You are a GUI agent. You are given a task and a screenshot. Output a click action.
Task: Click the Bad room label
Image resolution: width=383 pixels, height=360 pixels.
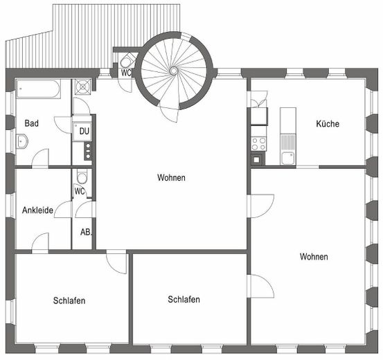31,123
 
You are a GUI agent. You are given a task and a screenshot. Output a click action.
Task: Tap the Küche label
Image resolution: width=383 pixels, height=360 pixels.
328,124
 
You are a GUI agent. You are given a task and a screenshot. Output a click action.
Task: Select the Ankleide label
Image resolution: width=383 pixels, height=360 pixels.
37,210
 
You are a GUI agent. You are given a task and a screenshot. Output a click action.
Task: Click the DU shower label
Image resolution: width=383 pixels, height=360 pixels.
84,131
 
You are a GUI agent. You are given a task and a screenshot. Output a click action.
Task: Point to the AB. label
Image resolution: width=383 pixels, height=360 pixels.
86,232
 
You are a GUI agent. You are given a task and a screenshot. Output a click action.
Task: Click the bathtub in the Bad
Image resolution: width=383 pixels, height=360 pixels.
38,89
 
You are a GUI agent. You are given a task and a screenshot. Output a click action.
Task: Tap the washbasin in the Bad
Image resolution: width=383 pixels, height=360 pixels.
22,141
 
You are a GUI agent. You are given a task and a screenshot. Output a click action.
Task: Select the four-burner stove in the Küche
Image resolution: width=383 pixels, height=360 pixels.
258,143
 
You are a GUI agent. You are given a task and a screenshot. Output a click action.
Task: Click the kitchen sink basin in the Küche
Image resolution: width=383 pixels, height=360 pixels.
288,158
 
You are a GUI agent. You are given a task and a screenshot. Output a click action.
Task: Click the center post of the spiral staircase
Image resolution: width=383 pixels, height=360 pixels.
173,71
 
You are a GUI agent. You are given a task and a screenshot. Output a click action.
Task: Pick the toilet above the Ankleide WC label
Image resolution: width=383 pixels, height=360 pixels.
82,177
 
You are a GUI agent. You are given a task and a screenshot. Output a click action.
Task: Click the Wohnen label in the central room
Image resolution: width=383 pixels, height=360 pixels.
171,177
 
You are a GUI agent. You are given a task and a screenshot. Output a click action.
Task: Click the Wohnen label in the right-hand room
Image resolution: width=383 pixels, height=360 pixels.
314,257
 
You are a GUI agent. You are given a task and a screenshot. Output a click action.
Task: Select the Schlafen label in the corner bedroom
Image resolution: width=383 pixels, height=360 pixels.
69,300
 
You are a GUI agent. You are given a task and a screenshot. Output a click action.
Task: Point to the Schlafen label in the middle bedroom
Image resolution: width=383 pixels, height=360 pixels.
184,300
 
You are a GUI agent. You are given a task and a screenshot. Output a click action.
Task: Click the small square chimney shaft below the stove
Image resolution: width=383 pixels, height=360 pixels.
256,160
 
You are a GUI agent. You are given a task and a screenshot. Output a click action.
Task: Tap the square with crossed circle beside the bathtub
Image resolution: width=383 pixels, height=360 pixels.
83,87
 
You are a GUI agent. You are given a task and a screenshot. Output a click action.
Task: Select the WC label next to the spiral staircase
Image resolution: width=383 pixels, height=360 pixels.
126,73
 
